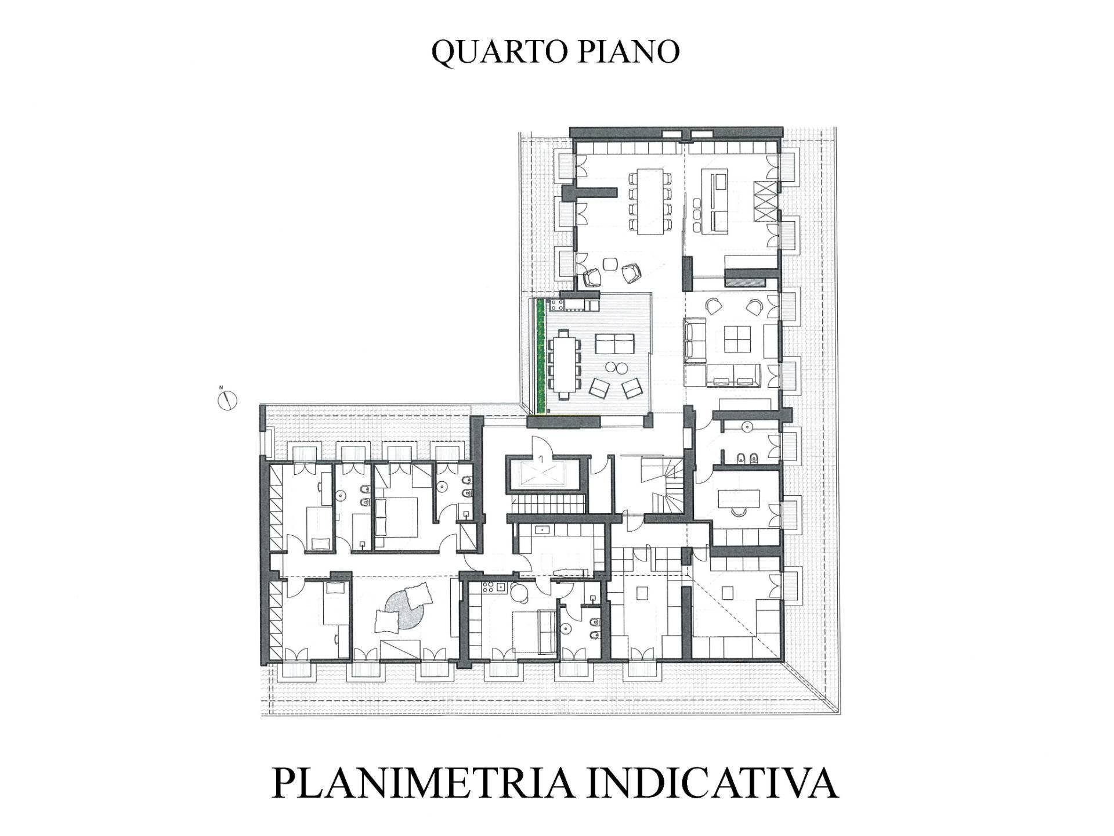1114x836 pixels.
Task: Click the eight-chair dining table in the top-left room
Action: (x=650, y=201)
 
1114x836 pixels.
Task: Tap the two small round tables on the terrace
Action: (x=616, y=367)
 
